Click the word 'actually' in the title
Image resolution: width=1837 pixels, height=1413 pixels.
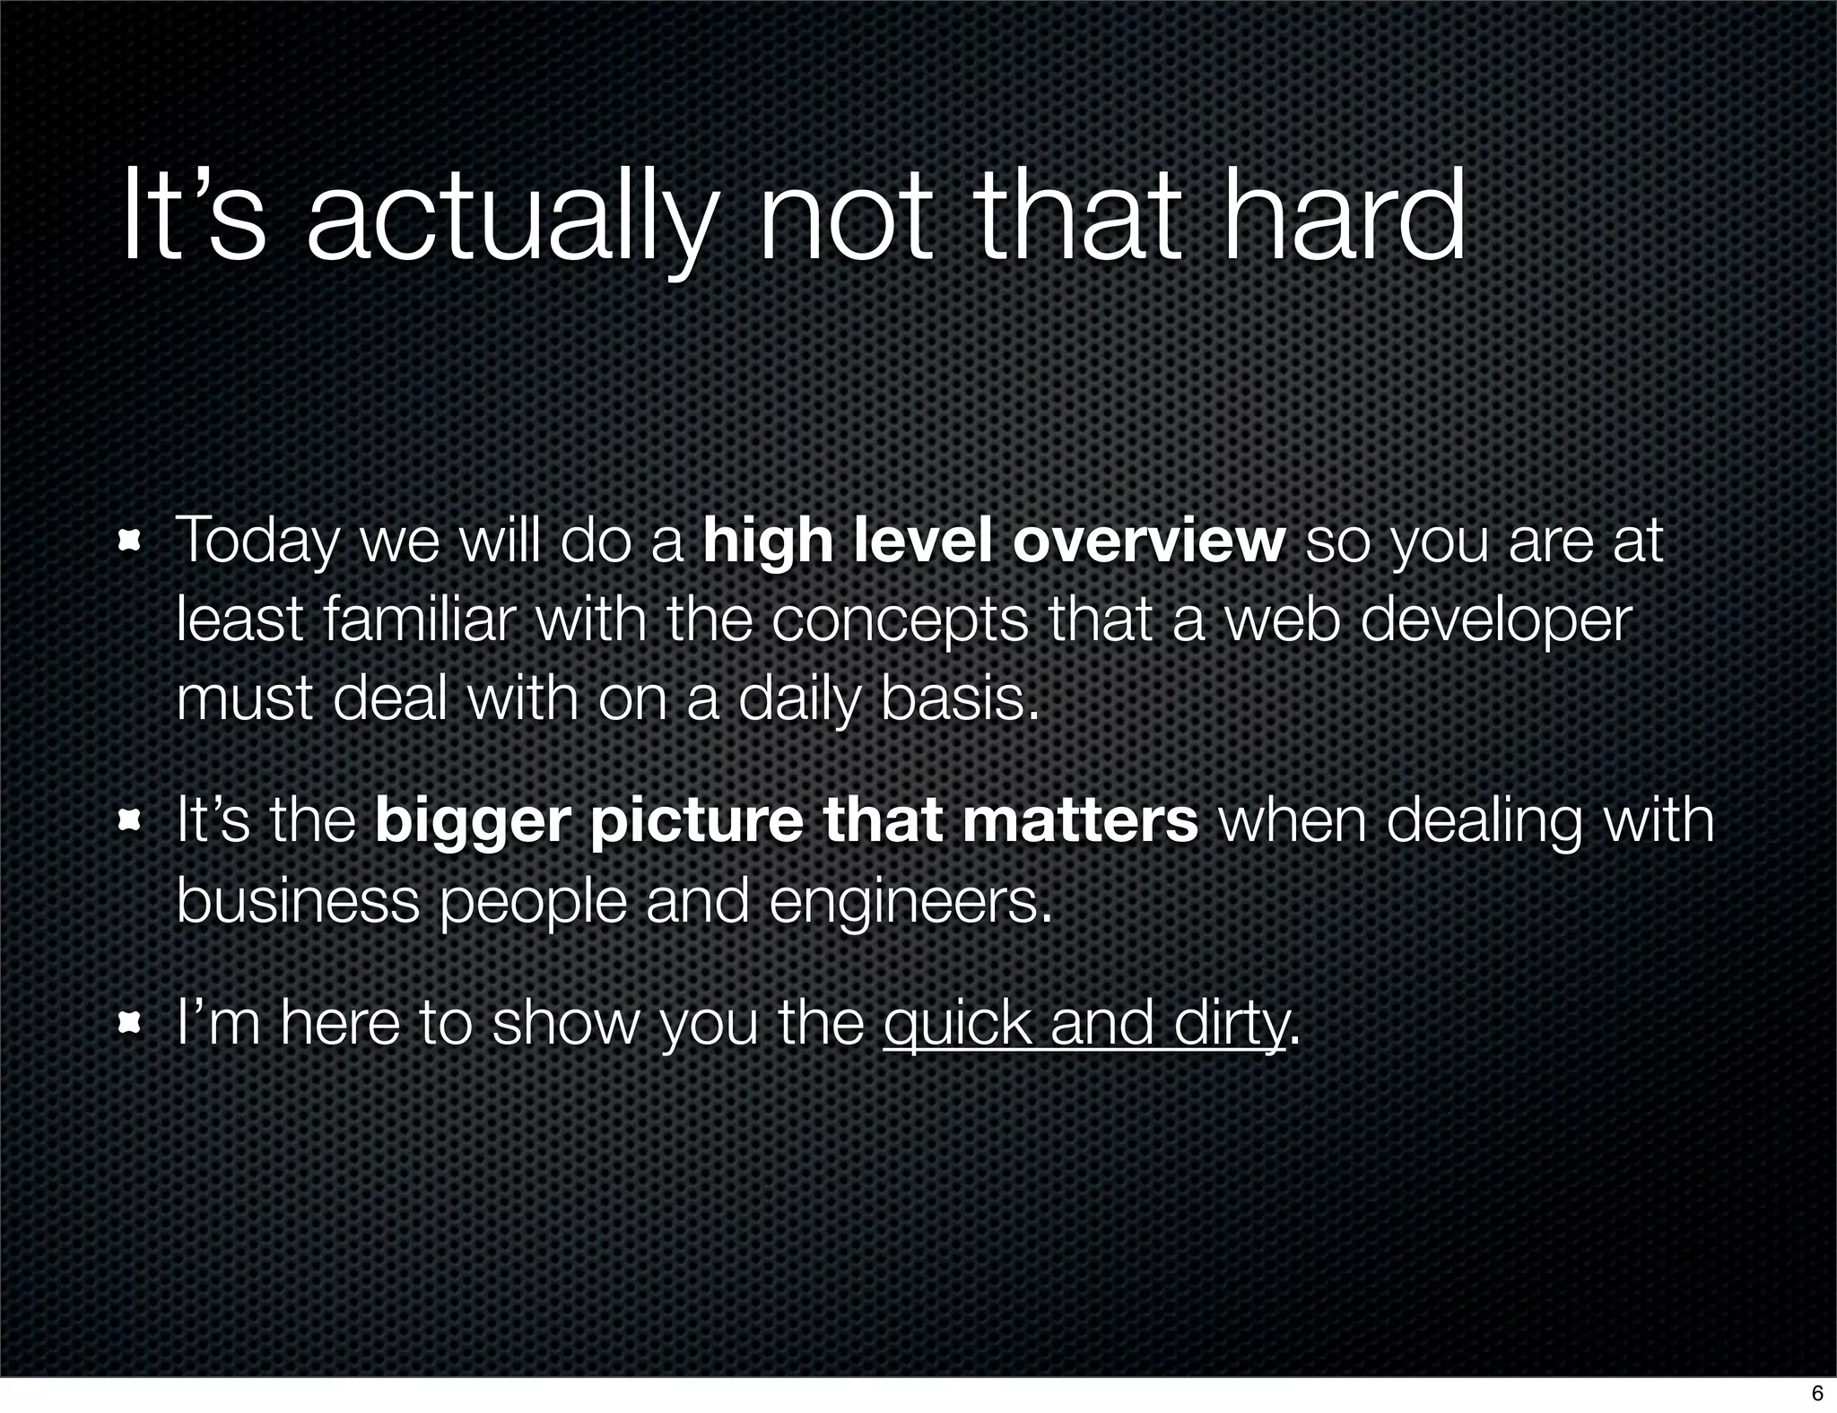(511, 220)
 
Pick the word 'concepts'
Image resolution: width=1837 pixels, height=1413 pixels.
(900, 620)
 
